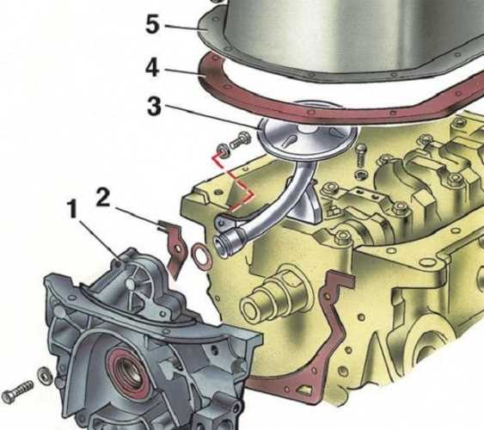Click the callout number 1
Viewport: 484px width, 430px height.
tap(72, 209)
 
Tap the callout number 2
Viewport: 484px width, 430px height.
tap(103, 197)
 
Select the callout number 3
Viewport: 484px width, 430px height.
tap(154, 106)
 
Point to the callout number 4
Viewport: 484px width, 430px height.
tap(153, 69)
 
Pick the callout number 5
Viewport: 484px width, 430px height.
tap(153, 25)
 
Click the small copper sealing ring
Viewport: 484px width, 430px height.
tap(200, 255)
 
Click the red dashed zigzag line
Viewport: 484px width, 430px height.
tap(232, 182)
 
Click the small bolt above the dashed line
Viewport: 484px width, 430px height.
tap(242, 140)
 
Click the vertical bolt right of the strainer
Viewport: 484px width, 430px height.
tap(360, 157)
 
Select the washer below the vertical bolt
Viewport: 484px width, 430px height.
tap(361, 175)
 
